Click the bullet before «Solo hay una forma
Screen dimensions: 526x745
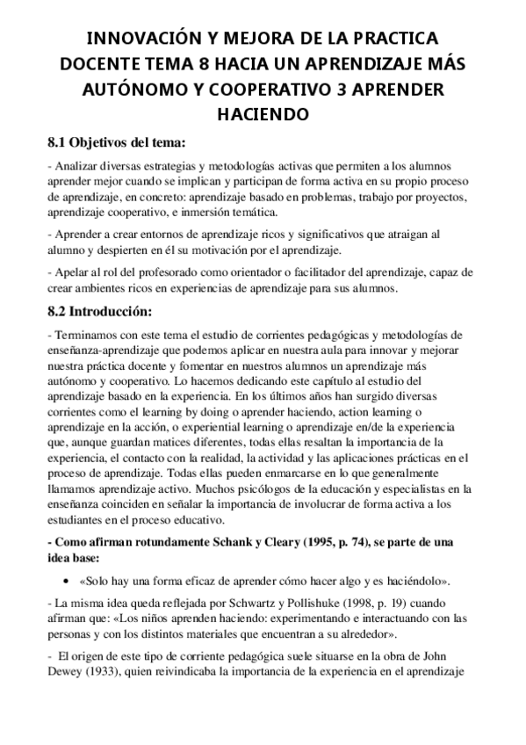[68, 582]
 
